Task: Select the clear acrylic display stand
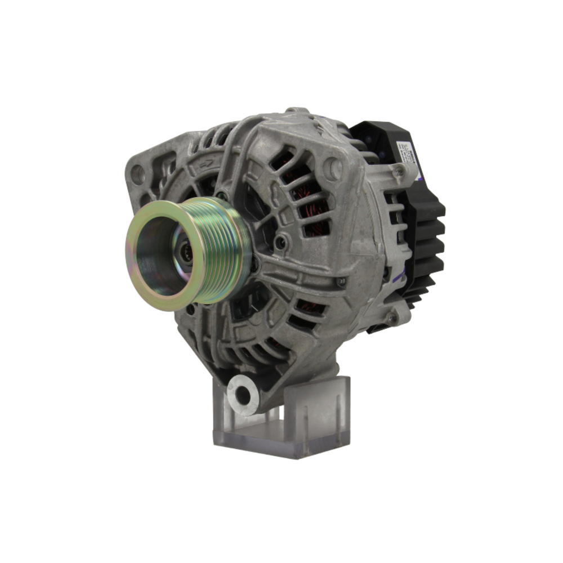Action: point(281,417)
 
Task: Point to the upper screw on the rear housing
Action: point(399,171)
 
